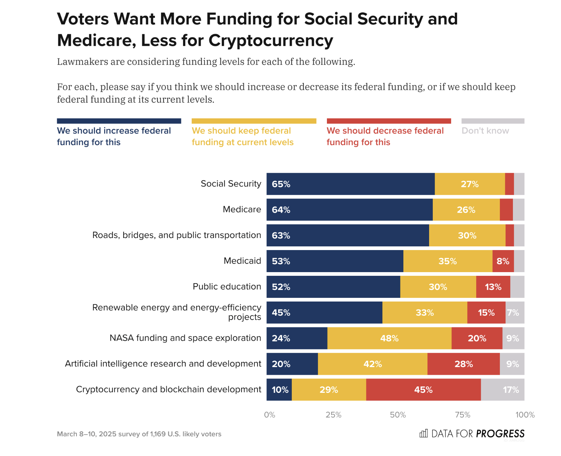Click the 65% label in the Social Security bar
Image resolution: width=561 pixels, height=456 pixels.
281,184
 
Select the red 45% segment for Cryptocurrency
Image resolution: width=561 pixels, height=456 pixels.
423,390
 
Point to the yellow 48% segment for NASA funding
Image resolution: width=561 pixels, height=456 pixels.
389,338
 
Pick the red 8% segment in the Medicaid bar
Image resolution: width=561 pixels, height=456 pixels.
503,261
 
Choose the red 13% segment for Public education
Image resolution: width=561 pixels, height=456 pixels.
493,287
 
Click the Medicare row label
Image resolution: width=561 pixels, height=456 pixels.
242,210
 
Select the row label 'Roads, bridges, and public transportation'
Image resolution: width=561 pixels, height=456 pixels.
177,235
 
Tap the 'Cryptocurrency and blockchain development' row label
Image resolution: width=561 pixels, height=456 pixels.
169,389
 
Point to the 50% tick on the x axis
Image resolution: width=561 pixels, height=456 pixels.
398,415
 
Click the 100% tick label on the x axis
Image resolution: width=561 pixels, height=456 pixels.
525,415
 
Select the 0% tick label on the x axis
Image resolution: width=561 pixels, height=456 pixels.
269,415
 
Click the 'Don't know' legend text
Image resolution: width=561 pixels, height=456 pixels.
485,131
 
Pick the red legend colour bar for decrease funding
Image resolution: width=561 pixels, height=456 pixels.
389,121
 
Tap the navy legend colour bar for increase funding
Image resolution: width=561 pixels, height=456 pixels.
119,121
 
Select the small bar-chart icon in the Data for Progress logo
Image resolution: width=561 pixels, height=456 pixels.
423,434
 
